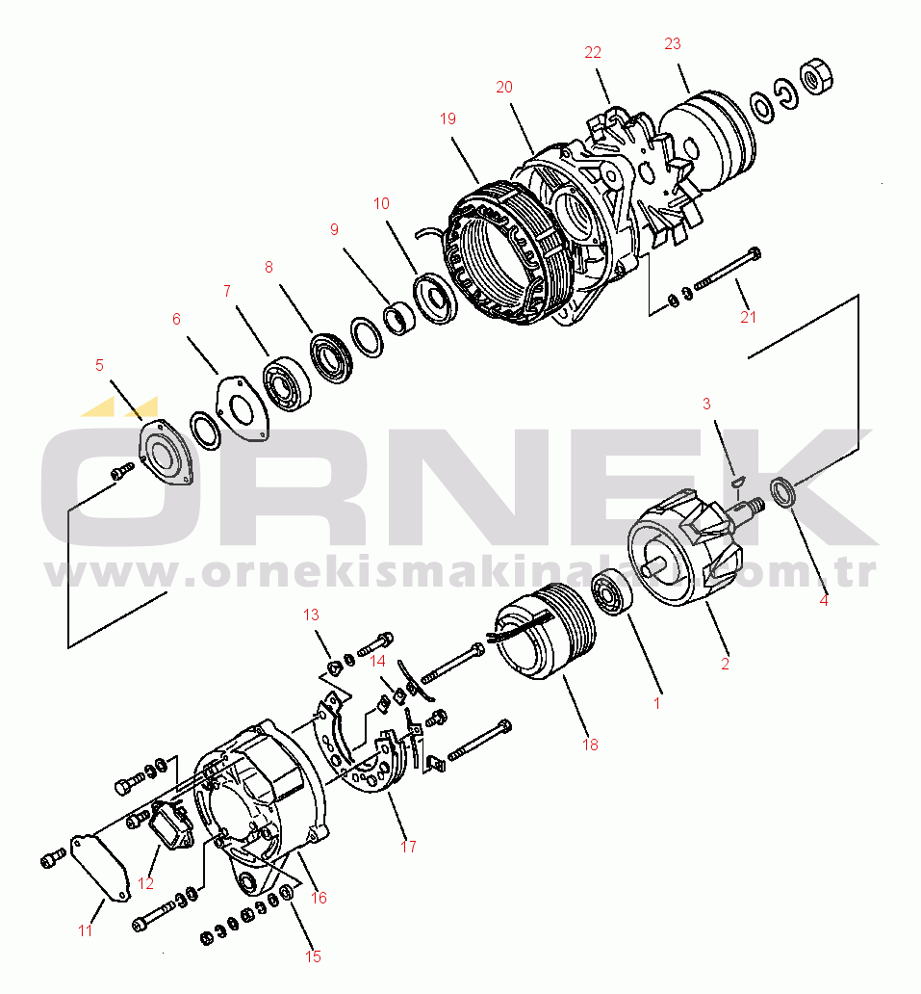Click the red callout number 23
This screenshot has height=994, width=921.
(x=672, y=43)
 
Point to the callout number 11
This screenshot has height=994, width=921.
(x=86, y=930)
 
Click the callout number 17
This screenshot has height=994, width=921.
(x=409, y=847)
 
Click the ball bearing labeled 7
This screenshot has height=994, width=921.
(x=284, y=383)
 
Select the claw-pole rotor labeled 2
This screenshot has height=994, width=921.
(x=685, y=549)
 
